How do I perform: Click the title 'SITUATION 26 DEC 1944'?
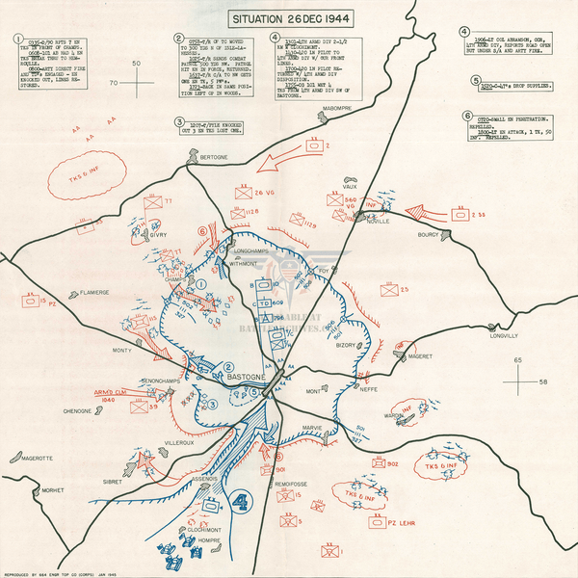coord(289,18)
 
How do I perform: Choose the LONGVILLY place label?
coord(505,336)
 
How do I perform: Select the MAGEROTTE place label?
coord(30,458)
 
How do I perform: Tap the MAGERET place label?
coord(419,356)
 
